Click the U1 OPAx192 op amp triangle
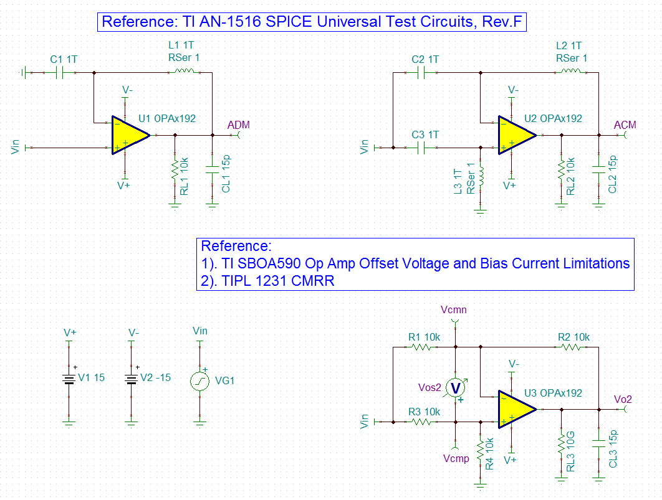pyautogui.click(x=129, y=135)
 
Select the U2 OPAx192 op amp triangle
pyautogui.click(x=516, y=135)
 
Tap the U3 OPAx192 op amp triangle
pyautogui.click(x=516, y=409)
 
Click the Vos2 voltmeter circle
pyautogui.click(x=455, y=388)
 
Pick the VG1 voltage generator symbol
pyautogui.click(x=199, y=381)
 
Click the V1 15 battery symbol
pyautogui.click(x=69, y=379)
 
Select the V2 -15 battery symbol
pyautogui.click(x=132, y=379)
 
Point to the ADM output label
pyautogui.click(x=239, y=125)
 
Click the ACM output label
pyautogui.click(x=625, y=125)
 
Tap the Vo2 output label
pyautogui.click(x=623, y=399)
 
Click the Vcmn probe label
pyautogui.click(x=453, y=309)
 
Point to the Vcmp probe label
pyautogui.click(x=456, y=458)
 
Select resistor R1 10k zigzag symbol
pyautogui.click(x=421, y=347)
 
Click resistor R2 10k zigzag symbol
pyautogui.click(x=571, y=347)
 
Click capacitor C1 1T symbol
pyautogui.click(x=59, y=73)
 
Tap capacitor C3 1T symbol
pyautogui.click(x=421, y=148)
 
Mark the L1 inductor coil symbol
pyautogui.click(x=184, y=71)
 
